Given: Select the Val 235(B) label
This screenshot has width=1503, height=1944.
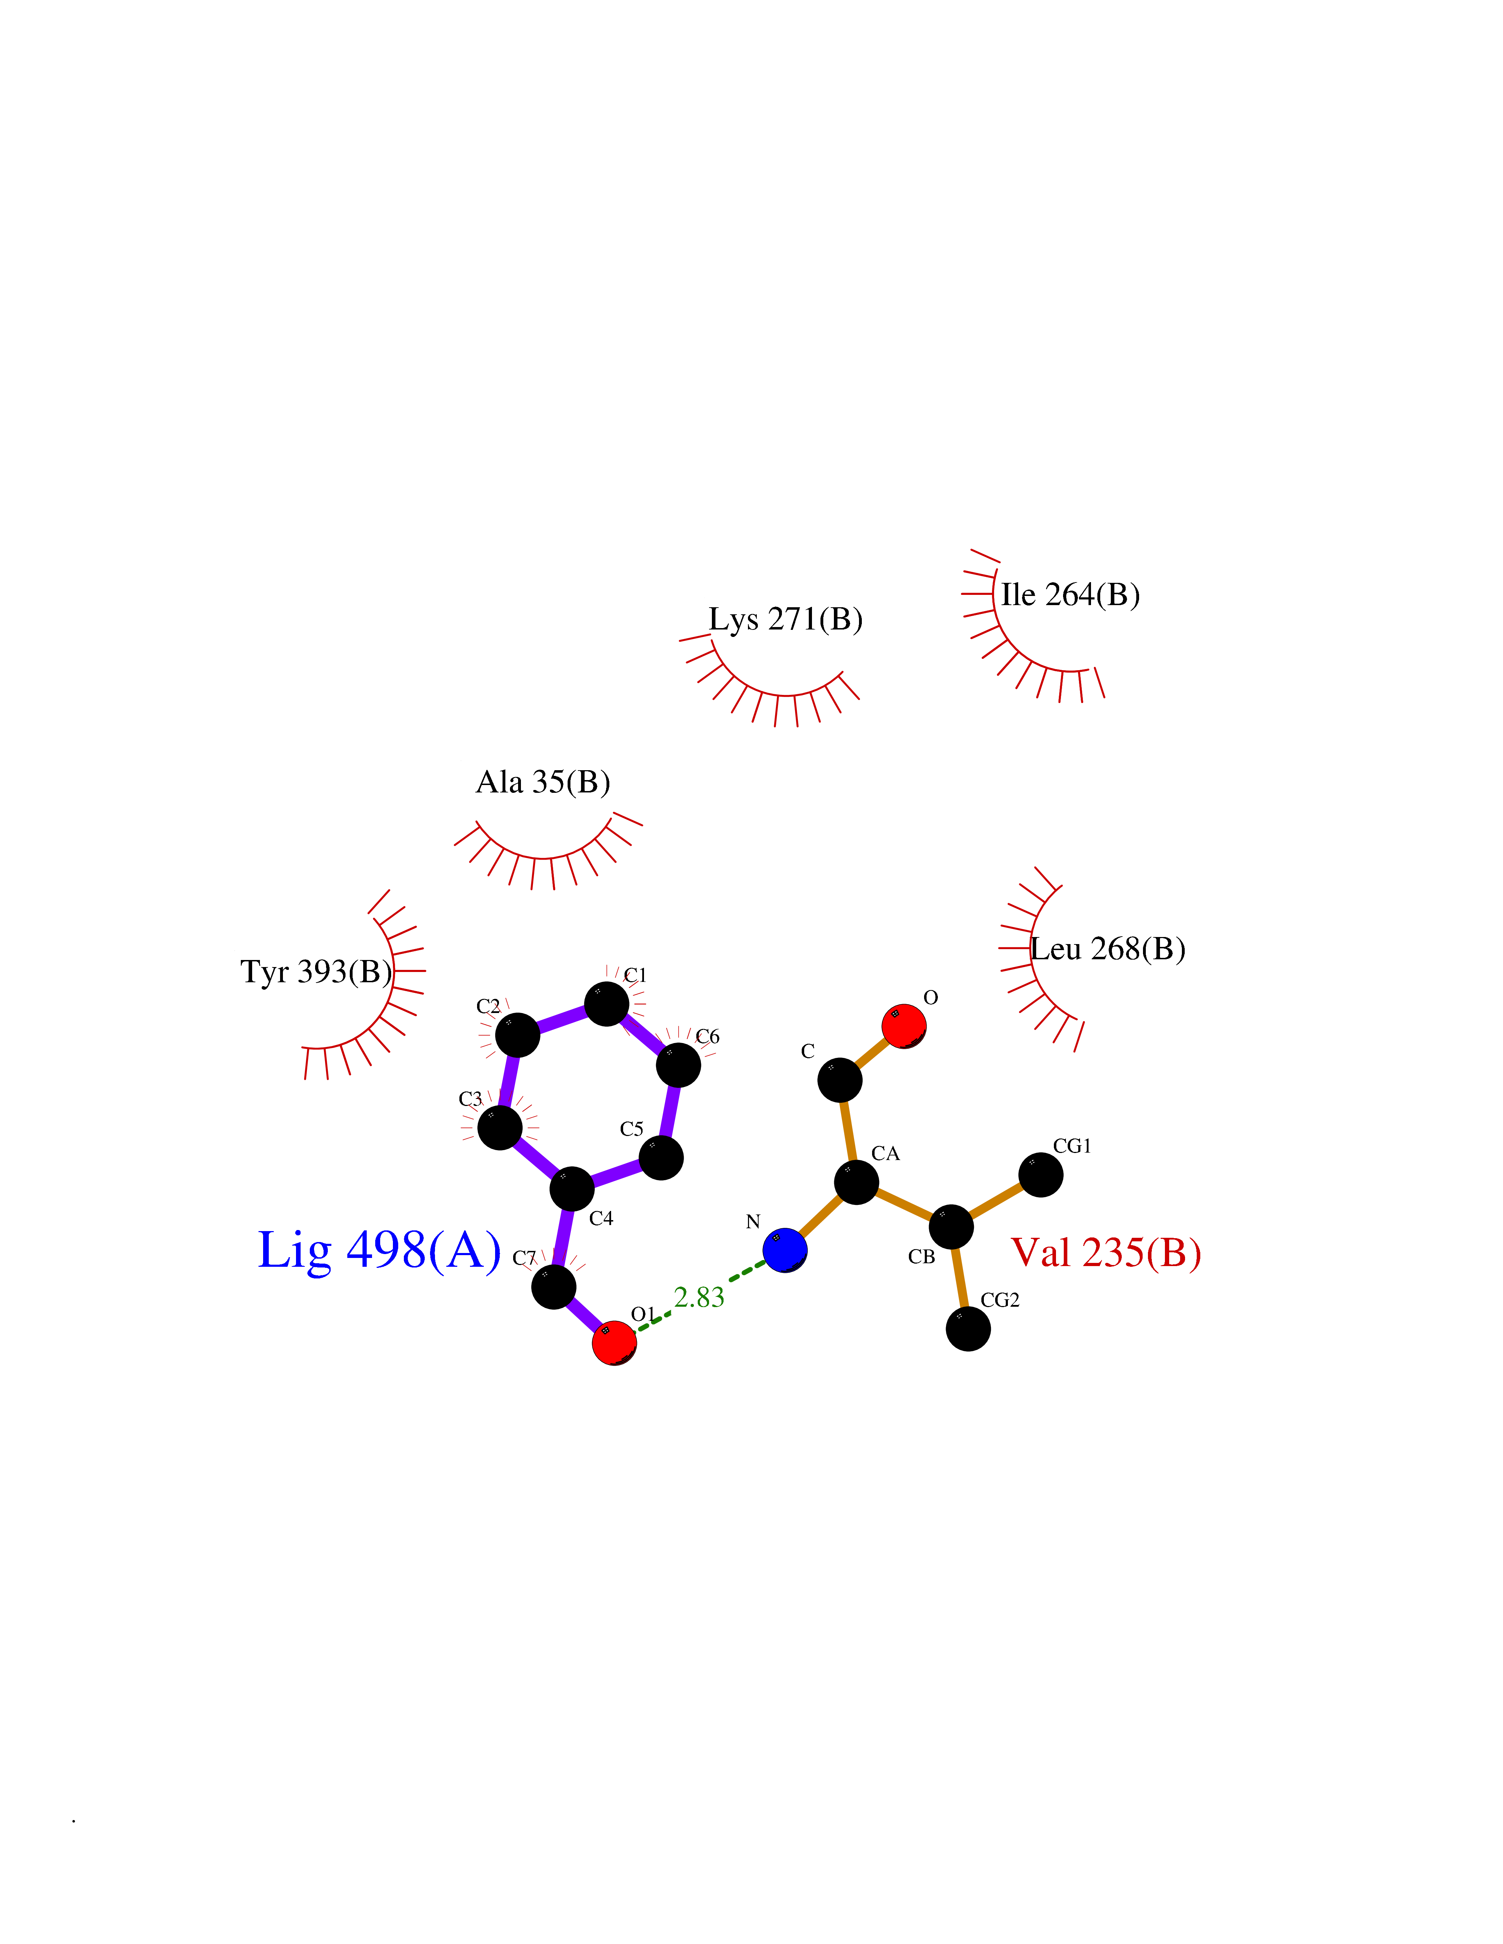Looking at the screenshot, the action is click(x=1106, y=1252).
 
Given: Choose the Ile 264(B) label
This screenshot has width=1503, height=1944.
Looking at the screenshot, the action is click(x=1070, y=595).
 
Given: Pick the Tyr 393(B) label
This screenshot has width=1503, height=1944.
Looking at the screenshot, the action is click(x=316, y=971).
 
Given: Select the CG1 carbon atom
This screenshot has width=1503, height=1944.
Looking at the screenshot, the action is click(x=1040, y=1175).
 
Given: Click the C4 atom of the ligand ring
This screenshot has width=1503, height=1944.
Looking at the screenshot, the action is click(x=571, y=1189).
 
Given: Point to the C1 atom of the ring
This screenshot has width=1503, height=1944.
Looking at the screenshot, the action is click(x=607, y=1004).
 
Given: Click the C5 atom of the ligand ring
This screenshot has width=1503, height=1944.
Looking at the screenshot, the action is click(x=661, y=1157).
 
